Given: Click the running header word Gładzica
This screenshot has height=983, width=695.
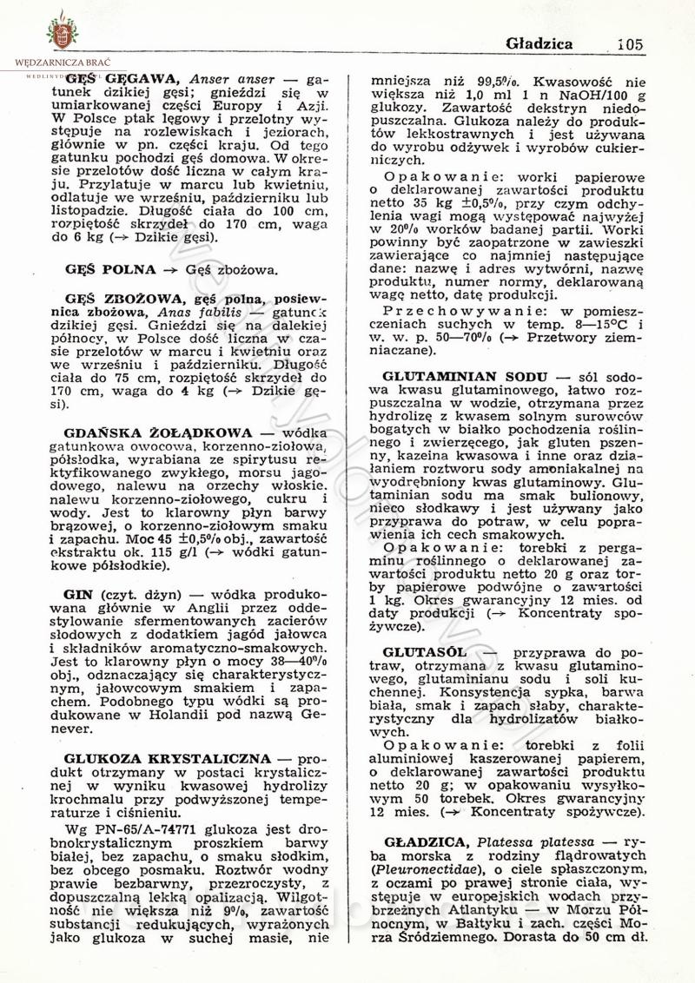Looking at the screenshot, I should coord(539,43).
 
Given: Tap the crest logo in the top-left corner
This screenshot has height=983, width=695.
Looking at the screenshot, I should coord(62,30).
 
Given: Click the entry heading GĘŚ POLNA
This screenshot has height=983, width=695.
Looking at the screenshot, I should coord(110,269).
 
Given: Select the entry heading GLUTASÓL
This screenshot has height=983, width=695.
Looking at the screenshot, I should coord(424,651).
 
